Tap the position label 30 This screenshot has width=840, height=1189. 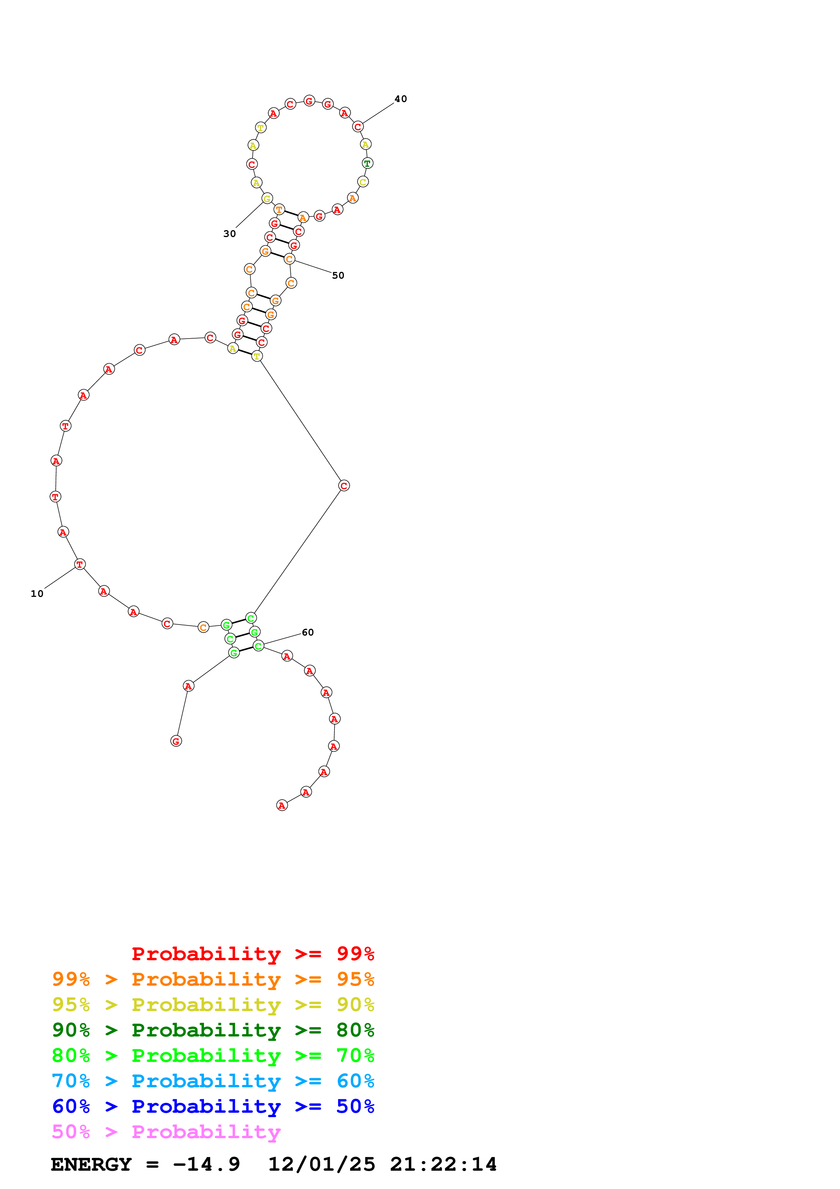click(x=229, y=234)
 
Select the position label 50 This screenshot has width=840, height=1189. click(x=338, y=276)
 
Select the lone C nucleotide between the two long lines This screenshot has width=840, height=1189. click(x=344, y=486)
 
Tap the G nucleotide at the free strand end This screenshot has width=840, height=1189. click(x=176, y=741)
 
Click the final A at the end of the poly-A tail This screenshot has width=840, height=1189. click(x=282, y=805)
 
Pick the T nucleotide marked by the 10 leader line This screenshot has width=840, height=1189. click(x=79, y=564)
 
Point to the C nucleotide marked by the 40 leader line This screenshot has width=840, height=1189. click(x=357, y=127)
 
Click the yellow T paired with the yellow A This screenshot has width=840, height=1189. click(x=257, y=356)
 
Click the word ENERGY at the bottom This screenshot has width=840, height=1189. click(x=91, y=1165)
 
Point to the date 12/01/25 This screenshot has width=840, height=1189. click(x=322, y=1165)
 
